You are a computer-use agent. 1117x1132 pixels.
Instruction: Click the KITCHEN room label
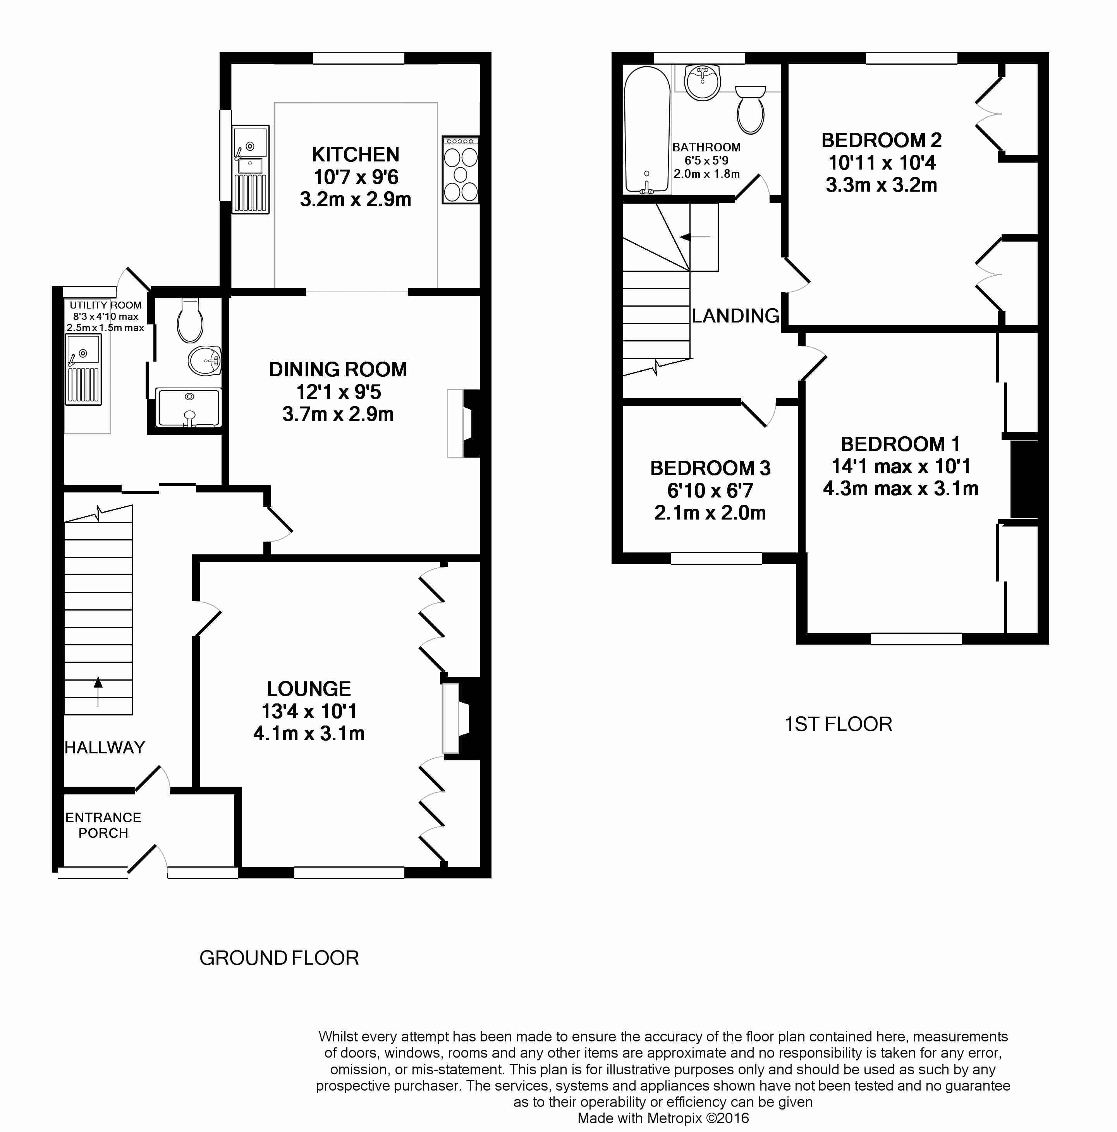(355, 155)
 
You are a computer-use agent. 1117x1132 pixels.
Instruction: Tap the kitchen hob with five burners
(461, 170)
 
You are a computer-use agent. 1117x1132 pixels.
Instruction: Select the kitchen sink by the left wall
(251, 169)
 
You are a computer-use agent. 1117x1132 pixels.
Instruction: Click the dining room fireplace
(463, 423)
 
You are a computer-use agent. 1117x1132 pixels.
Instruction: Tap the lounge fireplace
(461, 718)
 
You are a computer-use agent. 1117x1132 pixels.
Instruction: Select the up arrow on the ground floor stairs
(98, 691)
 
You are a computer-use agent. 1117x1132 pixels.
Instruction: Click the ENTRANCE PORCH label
(103, 825)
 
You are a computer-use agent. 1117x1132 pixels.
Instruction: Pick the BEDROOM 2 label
(882, 140)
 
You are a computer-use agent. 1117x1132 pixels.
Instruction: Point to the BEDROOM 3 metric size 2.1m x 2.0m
(710, 513)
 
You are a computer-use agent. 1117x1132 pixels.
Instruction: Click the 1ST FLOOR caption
(838, 724)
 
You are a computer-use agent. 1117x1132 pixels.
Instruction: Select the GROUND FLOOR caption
(279, 958)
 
